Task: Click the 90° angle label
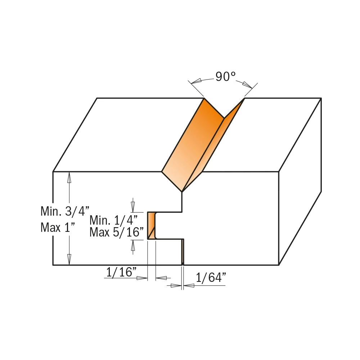tap(225, 76)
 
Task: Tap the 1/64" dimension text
tap(211, 278)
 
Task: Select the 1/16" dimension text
tap(121, 272)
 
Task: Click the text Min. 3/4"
tap(65, 211)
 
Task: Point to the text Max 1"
tap(58, 228)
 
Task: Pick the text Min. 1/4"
tap(113, 220)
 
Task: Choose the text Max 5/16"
tap(116, 232)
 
